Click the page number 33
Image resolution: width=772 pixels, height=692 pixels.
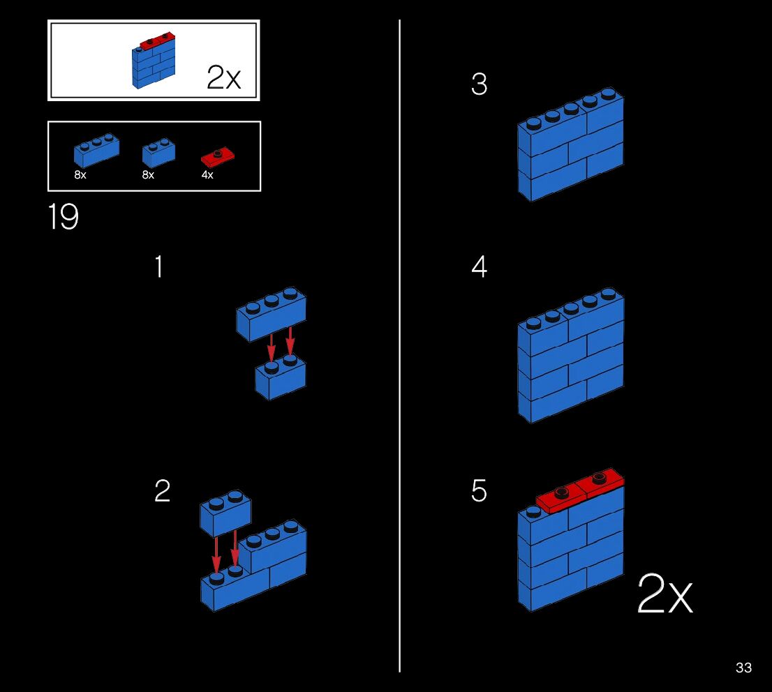coord(743,668)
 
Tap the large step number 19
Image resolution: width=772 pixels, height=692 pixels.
coord(63,217)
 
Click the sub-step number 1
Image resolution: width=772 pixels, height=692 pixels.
coord(159,267)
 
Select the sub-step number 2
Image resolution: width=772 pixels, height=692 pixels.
coord(162,491)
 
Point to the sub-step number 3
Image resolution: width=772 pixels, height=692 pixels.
coord(479,84)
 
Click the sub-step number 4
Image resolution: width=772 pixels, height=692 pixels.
coord(479,267)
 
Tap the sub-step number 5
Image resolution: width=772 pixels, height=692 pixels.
coord(479,491)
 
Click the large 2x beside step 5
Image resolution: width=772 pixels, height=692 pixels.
coord(665,595)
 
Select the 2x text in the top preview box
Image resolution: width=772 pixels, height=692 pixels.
coord(223,77)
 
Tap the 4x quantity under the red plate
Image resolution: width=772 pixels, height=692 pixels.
coord(207,175)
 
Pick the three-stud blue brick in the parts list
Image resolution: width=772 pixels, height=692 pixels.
coord(96,150)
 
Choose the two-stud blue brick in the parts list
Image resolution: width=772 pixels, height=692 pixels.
coord(158,152)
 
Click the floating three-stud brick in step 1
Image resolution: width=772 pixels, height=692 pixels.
coord(271,314)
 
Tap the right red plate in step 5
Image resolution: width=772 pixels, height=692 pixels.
coord(600,483)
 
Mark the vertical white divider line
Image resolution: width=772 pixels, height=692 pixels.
coord(399,349)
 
